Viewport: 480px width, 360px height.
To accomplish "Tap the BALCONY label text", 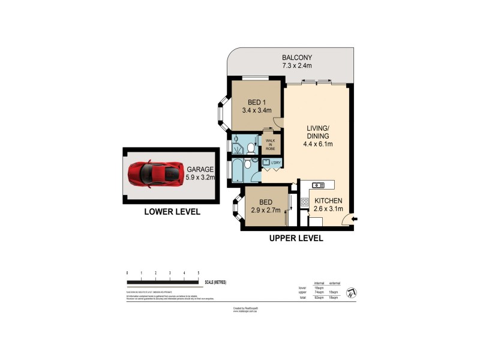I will [297, 58].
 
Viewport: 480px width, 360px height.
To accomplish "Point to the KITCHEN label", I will [328, 200].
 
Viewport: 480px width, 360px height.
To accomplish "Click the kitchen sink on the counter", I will [318, 184].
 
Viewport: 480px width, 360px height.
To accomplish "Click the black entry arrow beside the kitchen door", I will [355, 220].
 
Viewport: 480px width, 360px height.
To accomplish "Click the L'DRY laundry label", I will [276, 163].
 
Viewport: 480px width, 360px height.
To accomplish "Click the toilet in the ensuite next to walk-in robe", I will [251, 146].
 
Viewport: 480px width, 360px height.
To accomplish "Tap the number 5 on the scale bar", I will [199, 274].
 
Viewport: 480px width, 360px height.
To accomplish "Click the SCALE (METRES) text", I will [215, 282].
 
